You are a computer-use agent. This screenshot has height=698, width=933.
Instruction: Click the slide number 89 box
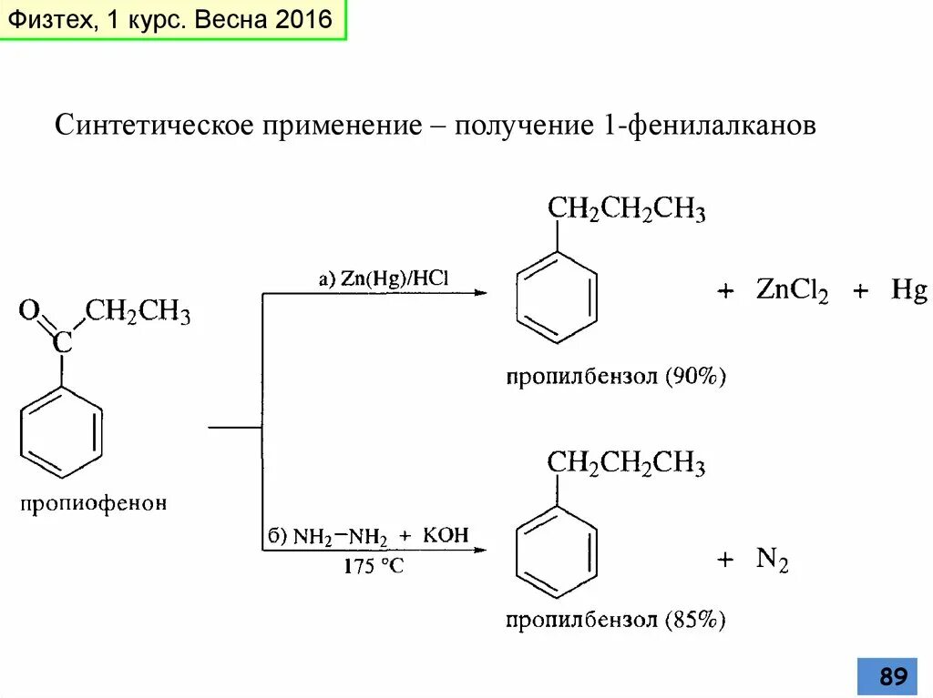tap(892, 676)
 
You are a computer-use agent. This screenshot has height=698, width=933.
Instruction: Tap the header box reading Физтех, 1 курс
tap(174, 20)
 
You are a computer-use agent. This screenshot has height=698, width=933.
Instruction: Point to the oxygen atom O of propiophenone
tap(29, 312)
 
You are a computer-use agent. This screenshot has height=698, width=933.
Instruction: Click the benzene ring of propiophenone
tap(61, 432)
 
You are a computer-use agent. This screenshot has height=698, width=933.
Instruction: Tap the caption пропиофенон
tap(95, 502)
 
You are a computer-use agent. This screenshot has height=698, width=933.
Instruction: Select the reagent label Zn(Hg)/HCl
tap(384, 278)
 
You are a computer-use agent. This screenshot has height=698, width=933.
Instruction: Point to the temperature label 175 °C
tap(374, 566)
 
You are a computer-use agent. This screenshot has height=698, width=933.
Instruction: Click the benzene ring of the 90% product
tap(557, 297)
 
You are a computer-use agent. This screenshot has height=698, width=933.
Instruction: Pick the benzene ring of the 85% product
tap(557, 551)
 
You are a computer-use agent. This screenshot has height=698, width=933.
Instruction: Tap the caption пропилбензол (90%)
tap(616, 376)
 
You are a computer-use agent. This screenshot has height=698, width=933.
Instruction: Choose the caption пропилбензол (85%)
tap(616, 621)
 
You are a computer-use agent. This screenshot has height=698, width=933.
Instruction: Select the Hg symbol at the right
tap(908, 291)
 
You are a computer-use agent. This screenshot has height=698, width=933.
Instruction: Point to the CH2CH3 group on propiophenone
tap(138, 314)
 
